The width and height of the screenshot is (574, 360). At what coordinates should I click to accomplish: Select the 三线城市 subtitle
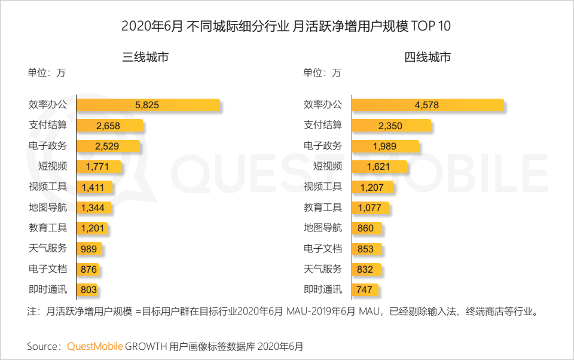coord(145,57)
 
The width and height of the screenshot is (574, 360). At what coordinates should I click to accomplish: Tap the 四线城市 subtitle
coord(427,57)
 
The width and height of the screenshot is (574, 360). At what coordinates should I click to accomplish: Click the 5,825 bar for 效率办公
coord(148,105)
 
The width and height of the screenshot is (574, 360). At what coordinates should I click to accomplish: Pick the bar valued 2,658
coord(110,126)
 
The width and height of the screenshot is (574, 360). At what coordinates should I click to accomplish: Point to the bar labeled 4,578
coord(428,105)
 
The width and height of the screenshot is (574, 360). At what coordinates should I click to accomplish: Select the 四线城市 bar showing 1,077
coord(371,208)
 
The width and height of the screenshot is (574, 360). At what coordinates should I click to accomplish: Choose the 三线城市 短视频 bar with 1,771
coord(99,167)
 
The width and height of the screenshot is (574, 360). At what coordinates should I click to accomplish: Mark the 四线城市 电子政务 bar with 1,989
coord(385,146)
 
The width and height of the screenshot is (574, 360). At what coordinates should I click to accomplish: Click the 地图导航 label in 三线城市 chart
coord(48,208)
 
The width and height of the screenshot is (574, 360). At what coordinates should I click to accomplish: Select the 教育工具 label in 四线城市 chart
coord(323,208)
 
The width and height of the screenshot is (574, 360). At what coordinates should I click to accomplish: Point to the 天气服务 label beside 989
coord(48,249)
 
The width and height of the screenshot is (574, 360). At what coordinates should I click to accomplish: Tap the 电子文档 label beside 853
coord(323,249)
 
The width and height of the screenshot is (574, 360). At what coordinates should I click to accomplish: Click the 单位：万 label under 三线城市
coord(46,74)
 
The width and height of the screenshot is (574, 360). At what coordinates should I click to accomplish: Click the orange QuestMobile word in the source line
coord(95,346)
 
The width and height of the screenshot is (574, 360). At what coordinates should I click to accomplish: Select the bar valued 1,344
coord(93,208)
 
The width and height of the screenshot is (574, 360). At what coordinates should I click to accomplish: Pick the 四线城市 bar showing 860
coord(367,228)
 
